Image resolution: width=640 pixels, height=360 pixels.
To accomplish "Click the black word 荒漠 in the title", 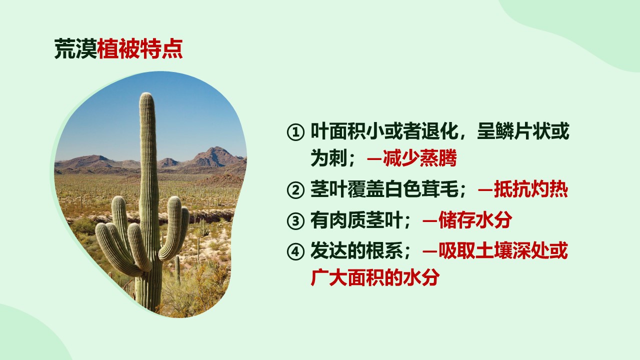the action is click(75, 49).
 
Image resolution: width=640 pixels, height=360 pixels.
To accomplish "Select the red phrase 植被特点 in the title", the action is click(140, 49).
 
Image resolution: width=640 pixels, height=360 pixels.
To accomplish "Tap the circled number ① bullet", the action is click(295, 132).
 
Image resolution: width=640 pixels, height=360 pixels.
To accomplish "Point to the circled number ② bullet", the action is click(295, 190).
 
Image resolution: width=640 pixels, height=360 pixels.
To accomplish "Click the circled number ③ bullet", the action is click(295, 221).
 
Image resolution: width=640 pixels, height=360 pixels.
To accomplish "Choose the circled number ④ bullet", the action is click(295, 251).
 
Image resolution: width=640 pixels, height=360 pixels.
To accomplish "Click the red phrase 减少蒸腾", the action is click(419, 158).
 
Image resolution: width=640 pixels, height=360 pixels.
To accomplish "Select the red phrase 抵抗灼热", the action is click(531, 189).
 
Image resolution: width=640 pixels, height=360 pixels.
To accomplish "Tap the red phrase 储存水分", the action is click(475, 220).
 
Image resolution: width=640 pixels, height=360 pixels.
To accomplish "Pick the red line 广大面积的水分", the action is click(375, 277).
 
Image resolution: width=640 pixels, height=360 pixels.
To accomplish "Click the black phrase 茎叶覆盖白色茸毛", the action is click(384, 189).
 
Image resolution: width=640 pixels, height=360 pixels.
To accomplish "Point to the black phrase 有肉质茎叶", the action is click(356, 220).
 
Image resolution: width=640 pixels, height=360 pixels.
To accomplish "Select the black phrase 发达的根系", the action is click(356, 250).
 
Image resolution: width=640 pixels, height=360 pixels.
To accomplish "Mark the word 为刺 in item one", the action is click(329, 158).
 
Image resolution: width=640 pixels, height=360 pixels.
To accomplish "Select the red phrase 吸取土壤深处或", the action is click(503, 250).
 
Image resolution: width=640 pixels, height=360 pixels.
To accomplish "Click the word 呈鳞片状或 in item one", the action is click(523, 131).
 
